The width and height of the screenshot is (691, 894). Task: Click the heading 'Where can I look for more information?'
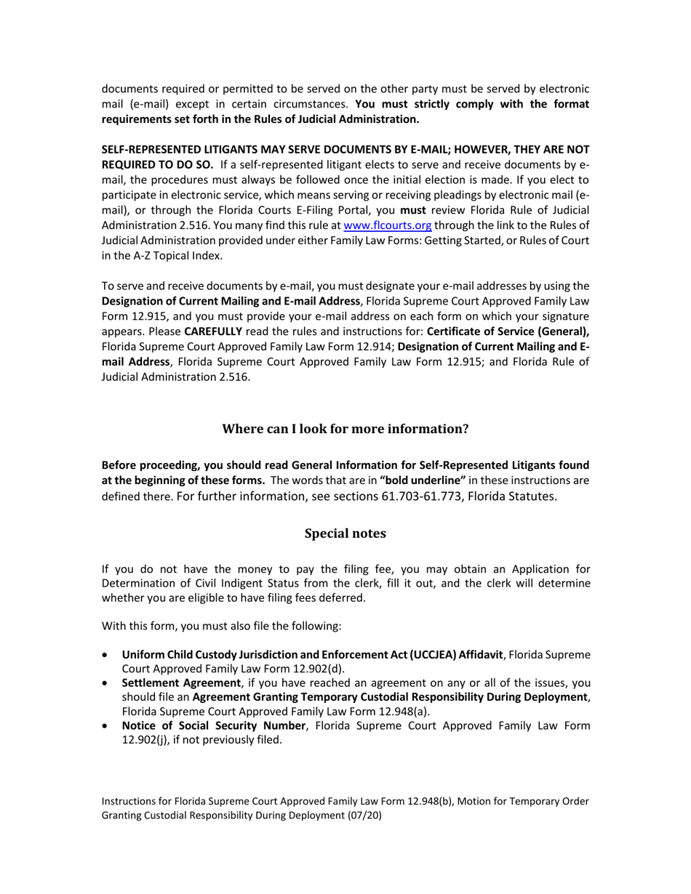pyautogui.click(x=345, y=429)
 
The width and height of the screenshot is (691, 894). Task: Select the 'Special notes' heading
pyautogui.click(x=345, y=533)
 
